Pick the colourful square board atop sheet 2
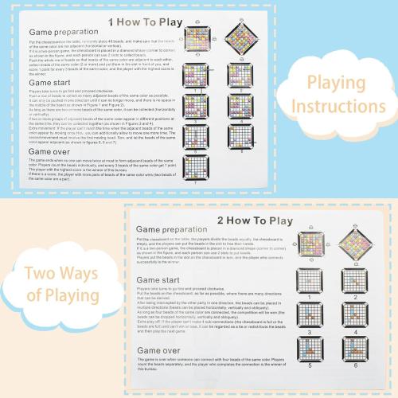coord(306,257)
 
